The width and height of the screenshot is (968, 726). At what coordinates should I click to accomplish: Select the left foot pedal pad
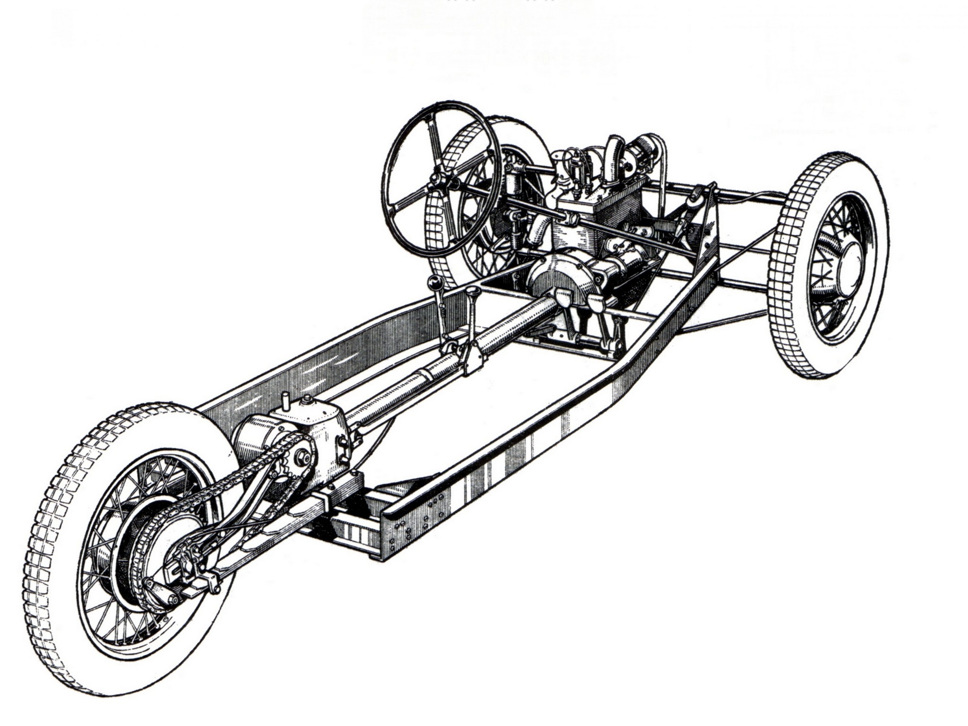562,298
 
